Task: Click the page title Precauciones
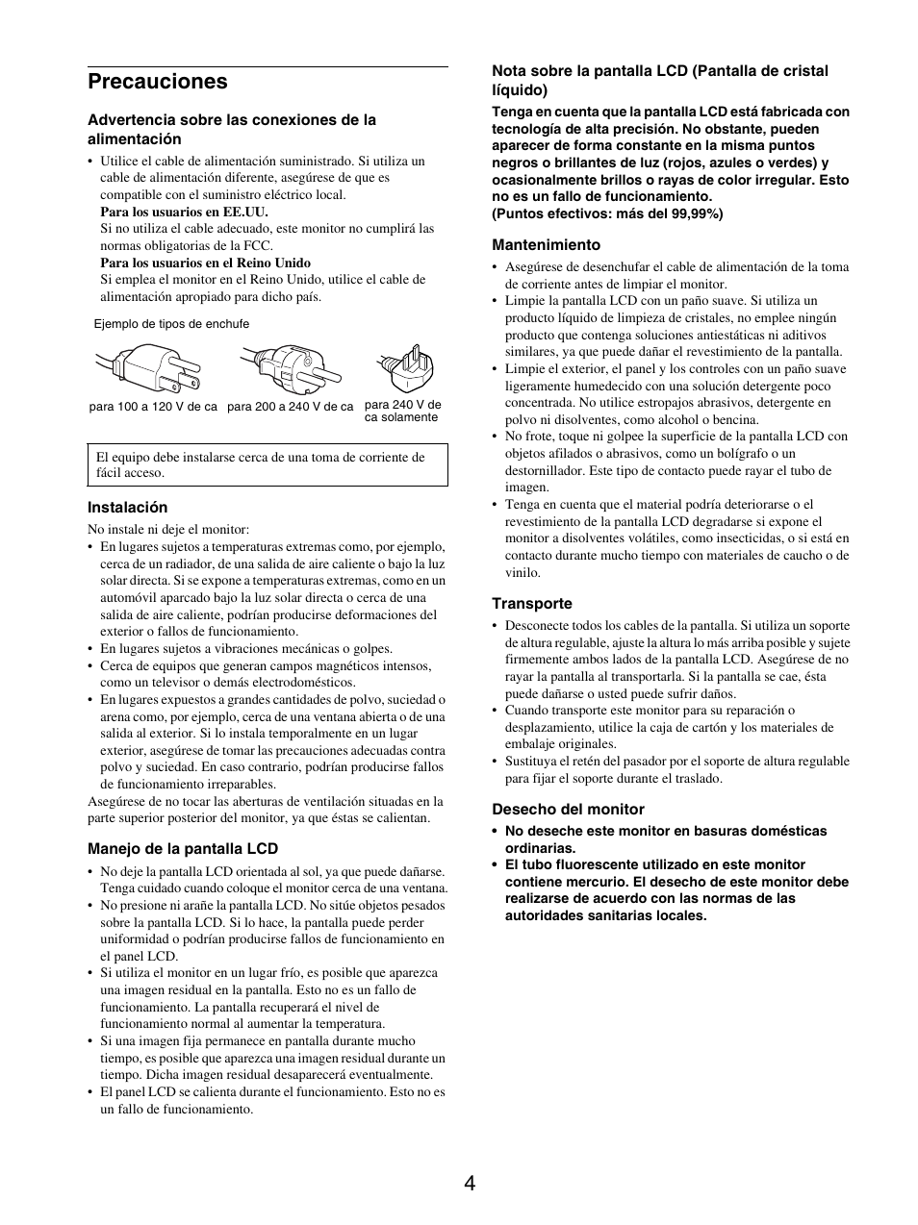click(157, 82)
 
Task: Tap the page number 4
click(469, 1184)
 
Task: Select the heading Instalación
click(127, 507)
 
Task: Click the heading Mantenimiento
click(546, 245)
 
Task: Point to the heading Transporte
click(532, 604)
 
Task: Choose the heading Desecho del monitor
click(568, 810)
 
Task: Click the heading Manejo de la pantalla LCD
click(183, 848)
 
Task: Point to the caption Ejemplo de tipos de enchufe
click(171, 324)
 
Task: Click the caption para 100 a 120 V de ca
click(153, 407)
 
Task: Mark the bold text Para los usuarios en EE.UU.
click(184, 212)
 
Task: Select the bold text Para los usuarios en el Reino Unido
click(205, 262)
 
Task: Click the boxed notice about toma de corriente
click(268, 464)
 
